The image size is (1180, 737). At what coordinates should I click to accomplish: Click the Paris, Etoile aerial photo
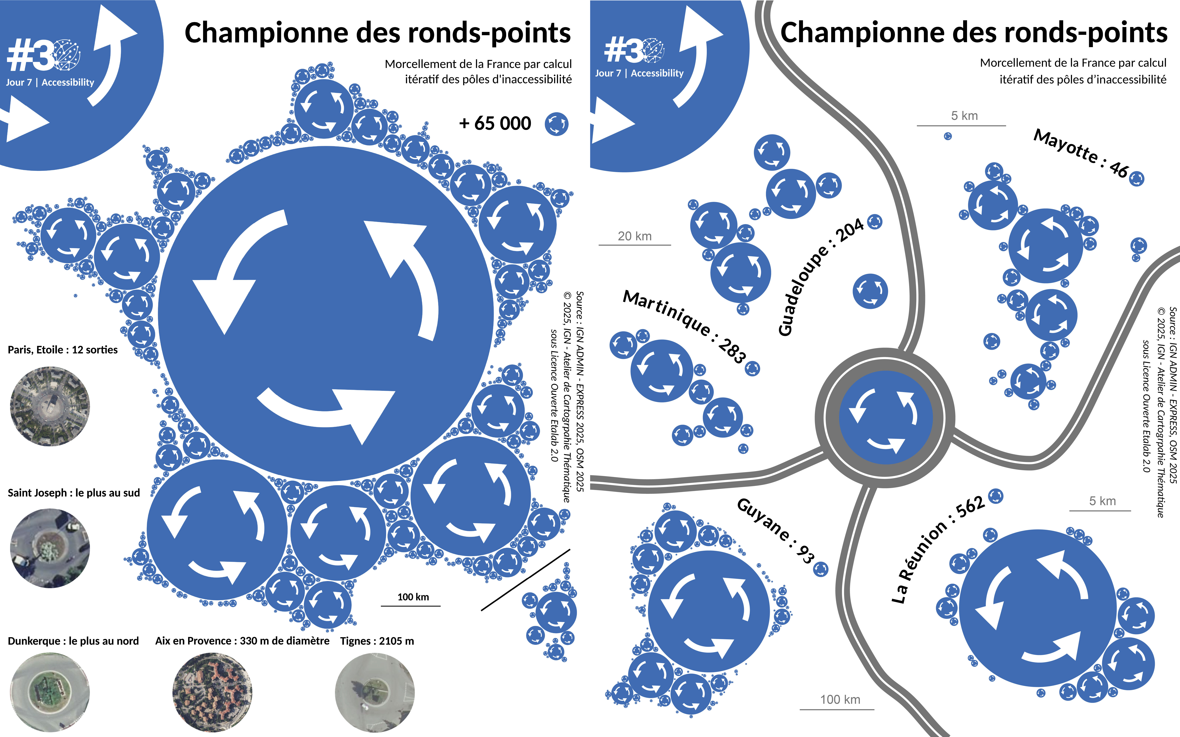50,406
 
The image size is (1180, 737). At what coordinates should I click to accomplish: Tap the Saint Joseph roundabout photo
50,548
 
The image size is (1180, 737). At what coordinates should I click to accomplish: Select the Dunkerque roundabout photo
50,692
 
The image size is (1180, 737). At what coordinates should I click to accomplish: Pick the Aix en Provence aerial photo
212,692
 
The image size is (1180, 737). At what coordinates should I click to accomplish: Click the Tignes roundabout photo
375,692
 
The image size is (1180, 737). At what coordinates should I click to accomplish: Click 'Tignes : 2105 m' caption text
377,641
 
